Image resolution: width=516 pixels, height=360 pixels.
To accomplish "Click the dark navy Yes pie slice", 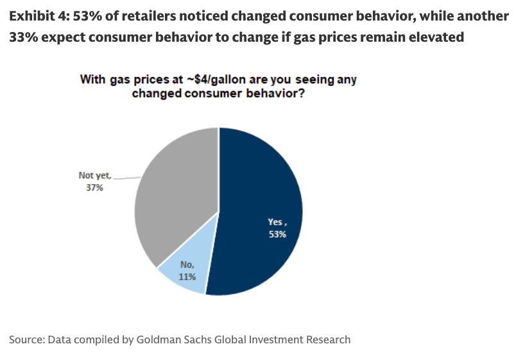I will click(257, 193).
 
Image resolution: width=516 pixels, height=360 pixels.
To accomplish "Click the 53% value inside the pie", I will click(277, 234).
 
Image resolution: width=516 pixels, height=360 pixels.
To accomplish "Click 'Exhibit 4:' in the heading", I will click(37, 16).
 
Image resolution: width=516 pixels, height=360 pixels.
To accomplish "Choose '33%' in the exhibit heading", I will click(22, 37).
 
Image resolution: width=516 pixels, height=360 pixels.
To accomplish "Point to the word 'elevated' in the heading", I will click(436, 37).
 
